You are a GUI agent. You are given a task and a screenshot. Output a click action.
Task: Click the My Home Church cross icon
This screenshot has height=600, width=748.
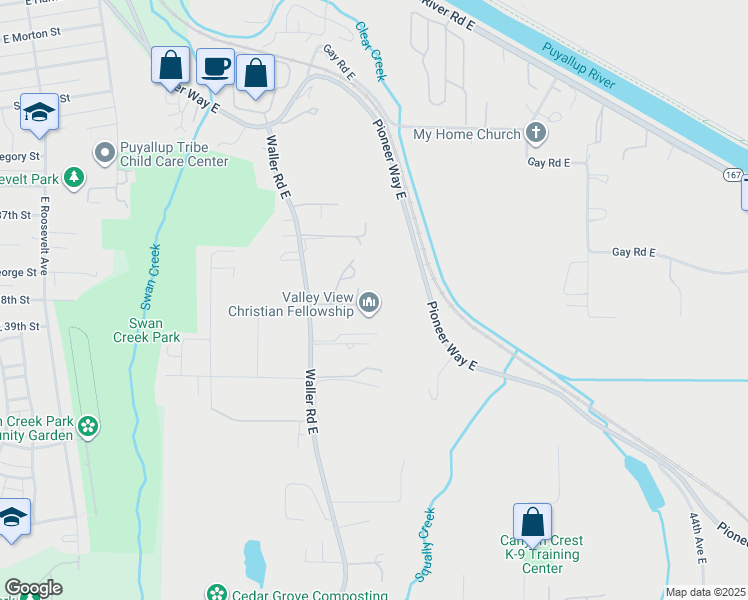point(536,134)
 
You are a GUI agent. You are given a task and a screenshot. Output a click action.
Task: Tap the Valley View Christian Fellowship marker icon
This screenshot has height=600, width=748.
point(369,301)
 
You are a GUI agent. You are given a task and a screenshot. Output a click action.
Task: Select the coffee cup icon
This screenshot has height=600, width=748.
point(216,67)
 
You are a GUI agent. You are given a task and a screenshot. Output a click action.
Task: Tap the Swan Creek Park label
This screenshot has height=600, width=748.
point(154,330)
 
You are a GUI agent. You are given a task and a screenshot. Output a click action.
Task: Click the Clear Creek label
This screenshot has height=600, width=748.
point(370,53)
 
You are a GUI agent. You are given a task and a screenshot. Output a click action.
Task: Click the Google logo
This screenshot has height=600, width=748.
point(33,587)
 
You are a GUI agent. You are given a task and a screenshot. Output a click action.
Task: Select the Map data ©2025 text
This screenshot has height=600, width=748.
point(705,592)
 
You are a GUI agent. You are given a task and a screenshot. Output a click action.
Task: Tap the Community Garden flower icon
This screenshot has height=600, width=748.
point(88,427)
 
